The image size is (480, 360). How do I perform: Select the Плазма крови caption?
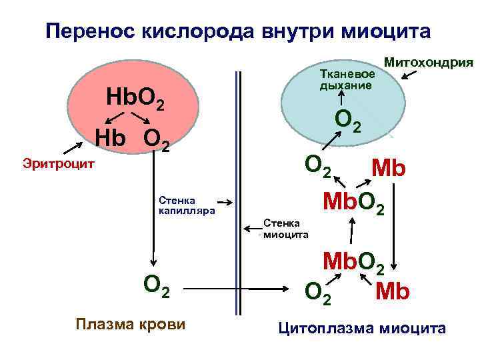coord(130,325)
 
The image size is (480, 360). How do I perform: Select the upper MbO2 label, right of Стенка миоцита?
coord(353,201)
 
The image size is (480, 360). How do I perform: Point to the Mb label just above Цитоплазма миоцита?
coord(392,291)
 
